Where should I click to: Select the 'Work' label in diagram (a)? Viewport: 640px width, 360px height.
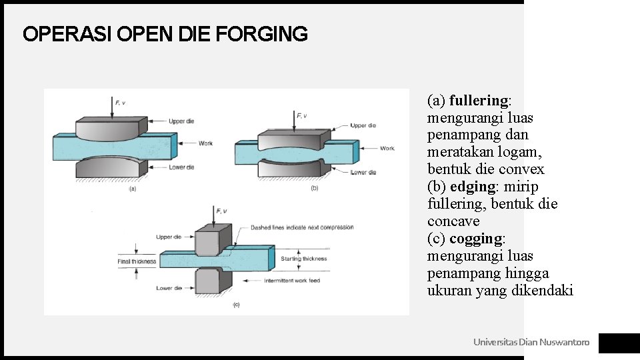pyautogui.click(x=205, y=143)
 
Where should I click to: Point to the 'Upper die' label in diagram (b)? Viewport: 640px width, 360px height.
pyautogui.click(x=363, y=125)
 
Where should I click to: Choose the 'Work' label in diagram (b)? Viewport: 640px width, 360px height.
pyautogui.click(x=387, y=148)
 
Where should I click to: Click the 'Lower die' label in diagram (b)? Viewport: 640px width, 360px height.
pyautogui.click(x=363, y=172)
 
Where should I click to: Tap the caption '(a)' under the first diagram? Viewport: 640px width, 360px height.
pyautogui.click(x=132, y=189)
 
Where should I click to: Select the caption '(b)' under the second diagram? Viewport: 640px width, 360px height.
pyautogui.click(x=315, y=189)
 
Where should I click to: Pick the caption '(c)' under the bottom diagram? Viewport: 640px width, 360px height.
pyautogui.click(x=236, y=305)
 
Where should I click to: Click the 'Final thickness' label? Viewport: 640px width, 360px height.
pyautogui.click(x=137, y=261)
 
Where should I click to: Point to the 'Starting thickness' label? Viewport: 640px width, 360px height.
pyautogui.click(x=304, y=259)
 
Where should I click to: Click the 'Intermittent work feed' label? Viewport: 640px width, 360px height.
pyautogui.click(x=292, y=281)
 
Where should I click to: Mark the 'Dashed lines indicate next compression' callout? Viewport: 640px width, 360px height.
pyautogui.click(x=302, y=228)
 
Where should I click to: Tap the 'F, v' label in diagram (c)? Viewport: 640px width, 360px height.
pyautogui.click(x=222, y=211)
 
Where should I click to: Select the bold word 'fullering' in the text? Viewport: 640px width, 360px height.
pyautogui.click(x=479, y=101)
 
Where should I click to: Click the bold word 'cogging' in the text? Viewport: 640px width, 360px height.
pyautogui.click(x=477, y=239)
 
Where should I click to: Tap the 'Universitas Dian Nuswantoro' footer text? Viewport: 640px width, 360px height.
pyautogui.click(x=531, y=342)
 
